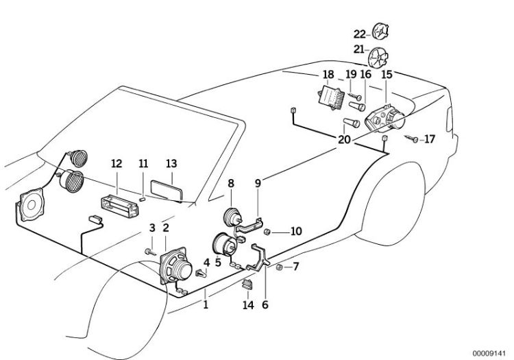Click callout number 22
[x=360, y=33]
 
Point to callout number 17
[x=430, y=139]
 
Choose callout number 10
[x=296, y=231]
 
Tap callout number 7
[x=296, y=266]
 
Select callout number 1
[x=204, y=304]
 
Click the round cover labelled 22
[x=381, y=31]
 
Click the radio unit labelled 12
[x=117, y=204]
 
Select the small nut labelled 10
[x=269, y=232]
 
